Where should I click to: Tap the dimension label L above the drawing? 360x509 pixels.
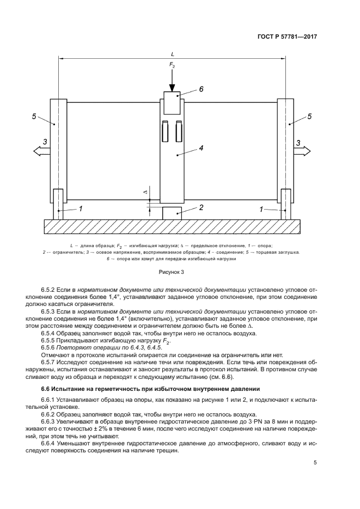[172, 54]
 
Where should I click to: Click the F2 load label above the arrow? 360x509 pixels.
[172, 66]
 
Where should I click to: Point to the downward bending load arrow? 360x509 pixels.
[172, 81]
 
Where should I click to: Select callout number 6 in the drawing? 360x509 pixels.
[201, 89]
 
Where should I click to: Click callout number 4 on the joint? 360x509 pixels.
[201, 147]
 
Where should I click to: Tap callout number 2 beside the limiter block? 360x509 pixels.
[201, 207]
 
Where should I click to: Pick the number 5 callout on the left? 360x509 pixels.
[34, 116]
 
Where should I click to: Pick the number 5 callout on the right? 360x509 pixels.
[309, 116]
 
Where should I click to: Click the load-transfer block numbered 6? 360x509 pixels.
[172, 102]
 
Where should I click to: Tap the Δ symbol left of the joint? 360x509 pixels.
[144, 192]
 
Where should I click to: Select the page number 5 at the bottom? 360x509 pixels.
[315, 463]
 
